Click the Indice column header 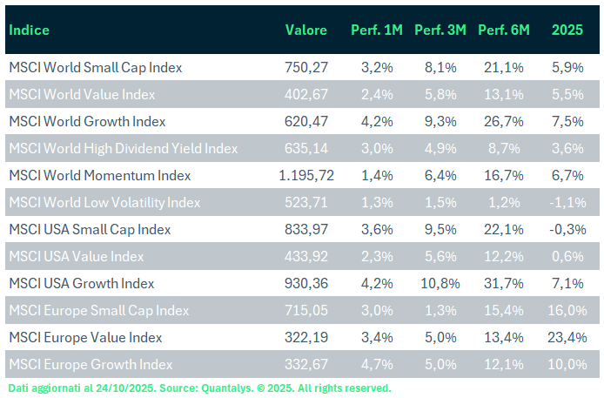click(29, 30)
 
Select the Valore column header click(306, 30)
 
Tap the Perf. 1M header click(377, 30)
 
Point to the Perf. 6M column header click(505, 30)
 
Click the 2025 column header click(567, 30)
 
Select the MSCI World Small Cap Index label click(95, 67)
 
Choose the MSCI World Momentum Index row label click(99, 176)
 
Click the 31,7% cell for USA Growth click(505, 284)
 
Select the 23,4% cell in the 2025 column click(570, 338)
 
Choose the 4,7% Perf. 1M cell click(379, 365)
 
